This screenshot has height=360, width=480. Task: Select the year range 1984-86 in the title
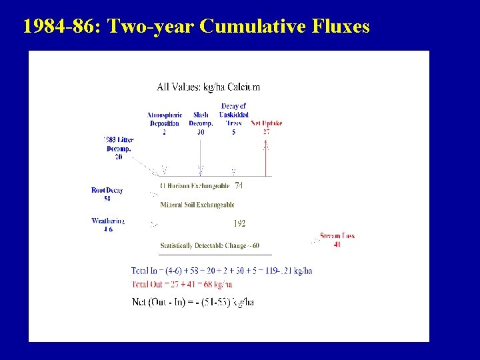click(x=62, y=26)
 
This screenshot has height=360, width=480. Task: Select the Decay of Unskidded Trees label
click(x=233, y=119)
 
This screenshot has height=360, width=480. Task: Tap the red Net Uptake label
click(x=266, y=123)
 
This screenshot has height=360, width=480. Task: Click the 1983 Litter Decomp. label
click(x=119, y=148)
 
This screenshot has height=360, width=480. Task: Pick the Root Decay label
click(x=107, y=194)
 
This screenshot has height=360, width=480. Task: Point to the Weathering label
click(x=108, y=225)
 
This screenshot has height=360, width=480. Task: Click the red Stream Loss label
click(x=337, y=240)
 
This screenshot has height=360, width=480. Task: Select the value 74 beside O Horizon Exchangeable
click(x=239, y=185)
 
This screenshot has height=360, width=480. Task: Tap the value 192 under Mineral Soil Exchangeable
click(x=239, y=223)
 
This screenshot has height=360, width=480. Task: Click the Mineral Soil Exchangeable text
click(x=197, y=205)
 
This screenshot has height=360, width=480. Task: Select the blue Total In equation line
click(x=221, y=271)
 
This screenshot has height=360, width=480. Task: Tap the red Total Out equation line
click(x=179, y=285)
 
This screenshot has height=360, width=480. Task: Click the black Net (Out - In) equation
click(x=193, y=302)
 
